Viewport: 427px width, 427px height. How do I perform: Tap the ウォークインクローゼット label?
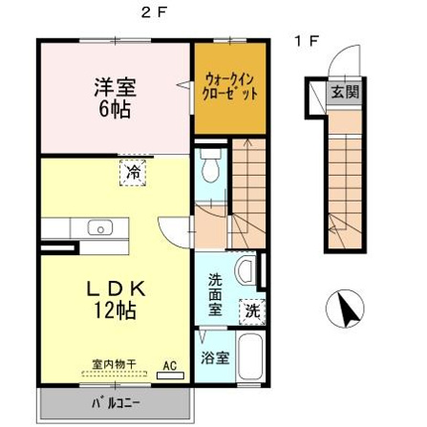[x=230, y=86]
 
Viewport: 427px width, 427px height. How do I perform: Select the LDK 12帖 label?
[x=116, y=300]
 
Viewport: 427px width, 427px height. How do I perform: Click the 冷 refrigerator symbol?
[x=133, y=173]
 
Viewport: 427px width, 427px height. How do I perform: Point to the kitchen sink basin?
[x=100, y=227]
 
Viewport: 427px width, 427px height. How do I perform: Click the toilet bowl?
[x=209, y=165]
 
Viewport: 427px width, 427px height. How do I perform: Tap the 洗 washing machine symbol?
[x=252, y=311]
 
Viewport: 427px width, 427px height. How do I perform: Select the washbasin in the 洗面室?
[x=246, y=271]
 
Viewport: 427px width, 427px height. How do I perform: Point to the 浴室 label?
[x=215, y=358]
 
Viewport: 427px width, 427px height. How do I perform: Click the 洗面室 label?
[x=215, y=295]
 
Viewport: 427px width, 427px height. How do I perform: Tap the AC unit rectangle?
[x=171, y=375]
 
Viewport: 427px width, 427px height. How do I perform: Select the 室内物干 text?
[x=114, y=364]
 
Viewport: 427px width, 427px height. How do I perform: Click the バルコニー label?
[x=116, y=403]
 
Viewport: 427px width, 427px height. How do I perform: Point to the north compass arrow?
[x=349, y=309]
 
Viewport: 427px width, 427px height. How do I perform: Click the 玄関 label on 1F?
[x=345, y=92]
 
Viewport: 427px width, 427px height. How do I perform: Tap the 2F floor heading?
[x=154, y=13]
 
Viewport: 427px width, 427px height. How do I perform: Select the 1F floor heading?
[x=307, y=41]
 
